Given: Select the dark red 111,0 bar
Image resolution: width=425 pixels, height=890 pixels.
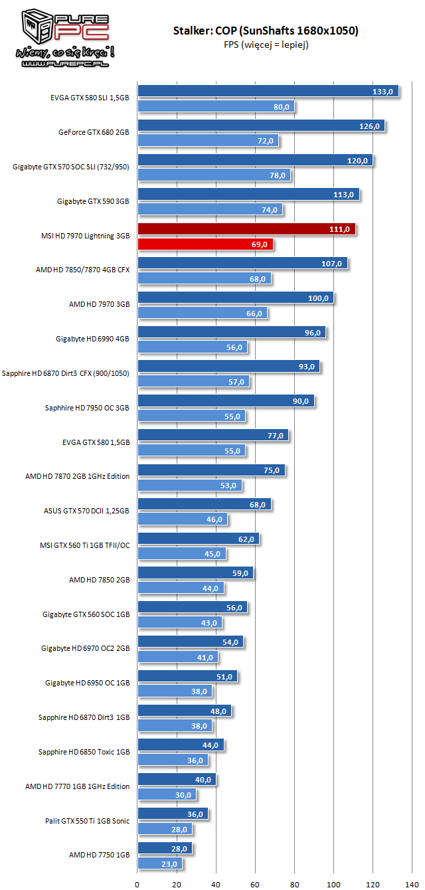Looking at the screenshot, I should pyautogui.click(x=246, y=229).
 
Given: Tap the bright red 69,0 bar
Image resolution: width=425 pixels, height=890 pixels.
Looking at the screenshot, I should pyautogui.click(x=205, y=244).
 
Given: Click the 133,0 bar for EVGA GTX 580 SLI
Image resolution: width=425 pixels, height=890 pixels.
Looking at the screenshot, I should pyautogui.click(x=268, y=91).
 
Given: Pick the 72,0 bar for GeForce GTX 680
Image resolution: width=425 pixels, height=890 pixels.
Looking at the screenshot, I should pyautogui.click(x=207, y=141).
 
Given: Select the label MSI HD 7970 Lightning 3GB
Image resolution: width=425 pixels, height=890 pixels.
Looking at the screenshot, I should pyautogui.click(x=85, y=236).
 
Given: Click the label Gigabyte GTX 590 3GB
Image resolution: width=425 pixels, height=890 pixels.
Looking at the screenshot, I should pyautogui.click(x=93, y=201).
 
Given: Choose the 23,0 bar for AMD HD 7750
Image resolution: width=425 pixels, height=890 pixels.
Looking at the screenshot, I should pyautogui.click(x=159, y=863).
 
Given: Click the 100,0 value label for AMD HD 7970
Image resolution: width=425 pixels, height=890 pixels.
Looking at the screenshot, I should pyautogui.click(x=317, y=298).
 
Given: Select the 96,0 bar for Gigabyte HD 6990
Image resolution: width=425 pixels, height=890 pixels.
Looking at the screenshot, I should pyautogui.click(x=231, y=332).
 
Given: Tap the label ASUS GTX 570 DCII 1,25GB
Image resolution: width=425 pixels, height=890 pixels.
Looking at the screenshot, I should pyautogui.click(x=86, y=511).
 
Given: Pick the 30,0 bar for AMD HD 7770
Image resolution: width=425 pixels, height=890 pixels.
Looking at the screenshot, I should pyautogui.click(x=166, y=794).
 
